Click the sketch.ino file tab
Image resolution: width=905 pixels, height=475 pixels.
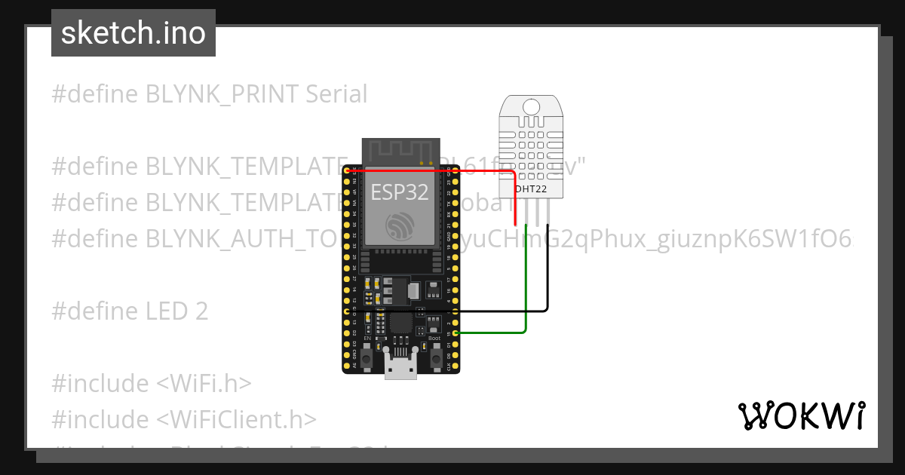(133, 33)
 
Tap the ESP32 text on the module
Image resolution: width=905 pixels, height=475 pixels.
(400, 192)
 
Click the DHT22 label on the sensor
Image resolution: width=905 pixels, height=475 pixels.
(531, 188)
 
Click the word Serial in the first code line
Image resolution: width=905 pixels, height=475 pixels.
(336, 94)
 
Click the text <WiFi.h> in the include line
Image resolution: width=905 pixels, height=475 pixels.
(204, 383)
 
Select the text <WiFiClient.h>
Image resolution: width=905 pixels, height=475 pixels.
(237, 419)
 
